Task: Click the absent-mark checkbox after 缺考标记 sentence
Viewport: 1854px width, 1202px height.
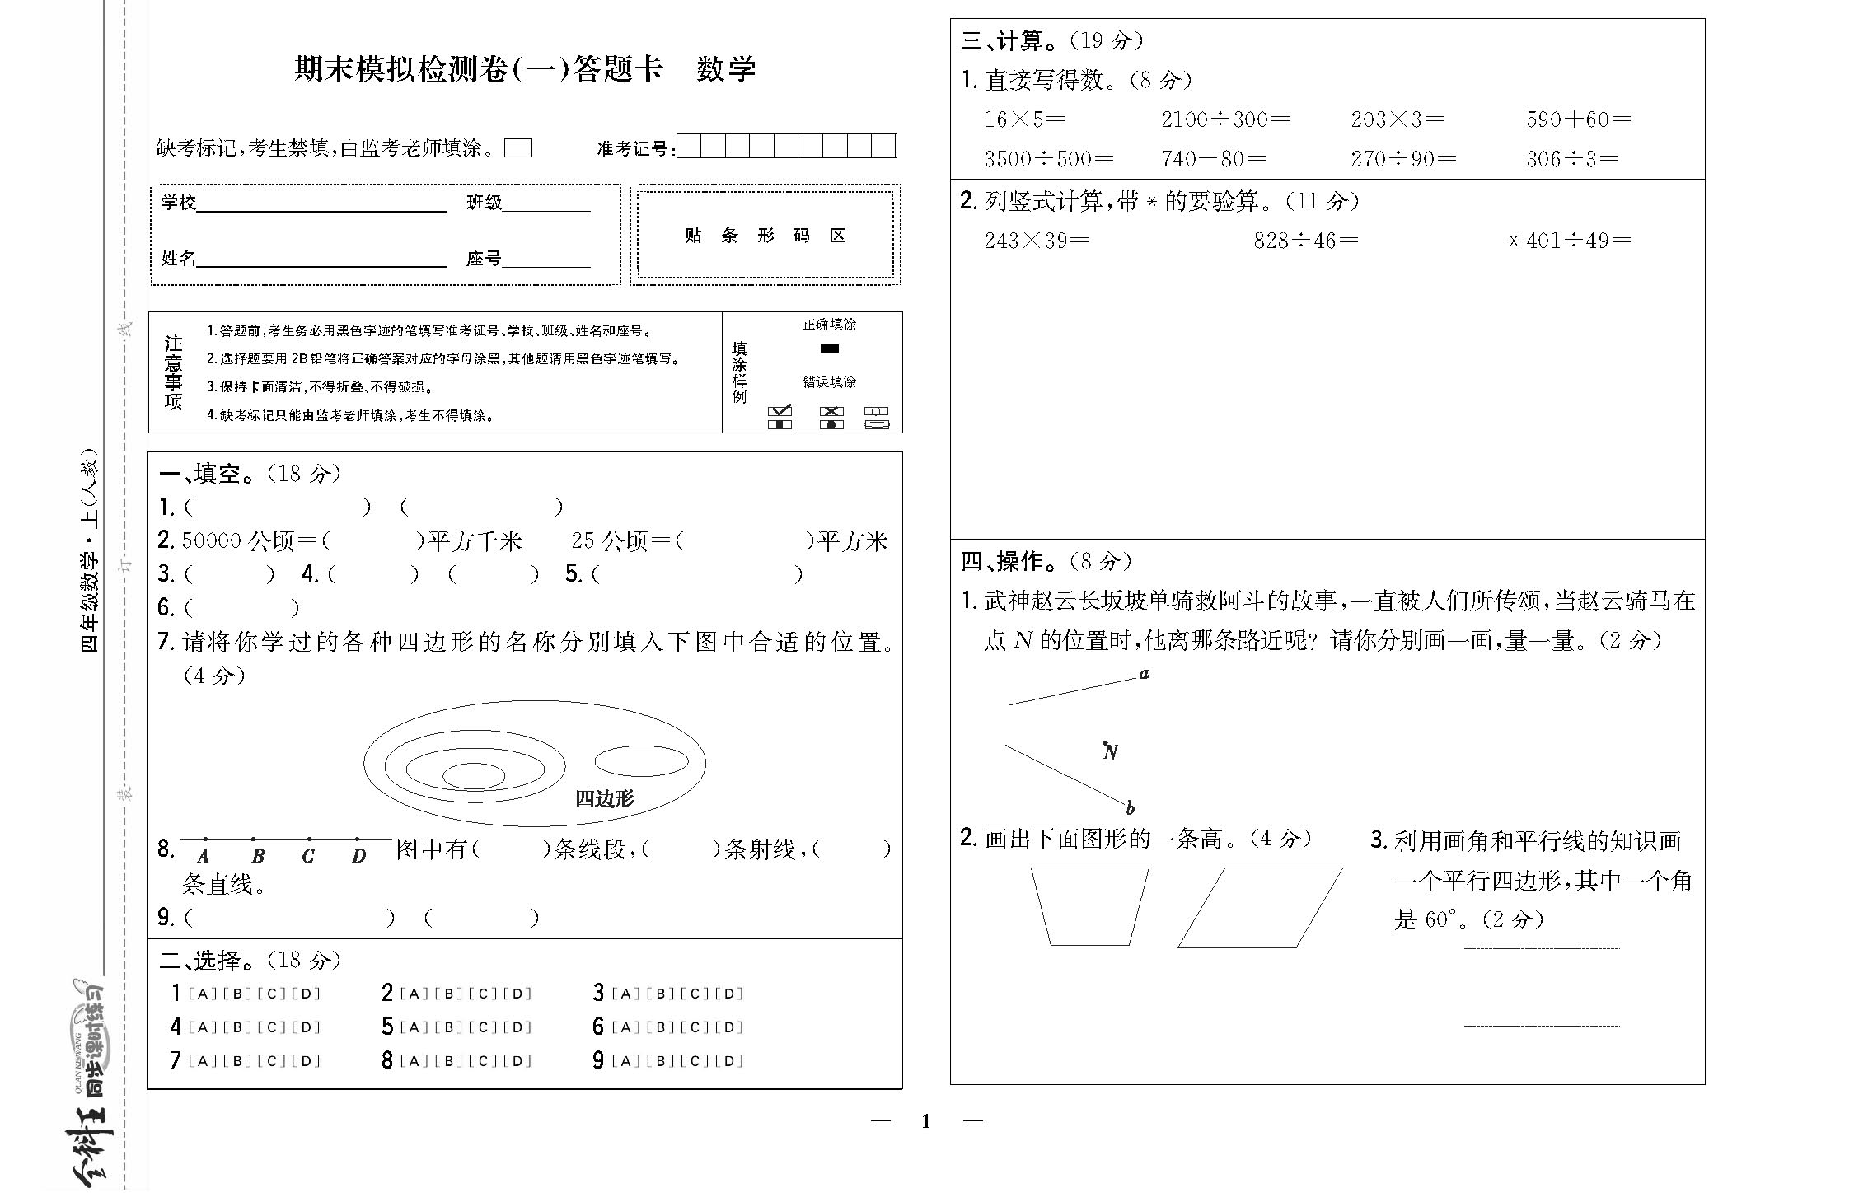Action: coord(518,148)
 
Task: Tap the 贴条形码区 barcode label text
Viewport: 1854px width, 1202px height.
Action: coord(765,236)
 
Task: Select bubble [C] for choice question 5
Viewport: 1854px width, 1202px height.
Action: coord(483,1027)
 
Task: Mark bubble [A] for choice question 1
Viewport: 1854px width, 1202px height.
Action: coord(202,994)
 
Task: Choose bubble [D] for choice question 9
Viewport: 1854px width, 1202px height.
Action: coord(730,1061)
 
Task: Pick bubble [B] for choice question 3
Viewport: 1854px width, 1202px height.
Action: coord(660,994)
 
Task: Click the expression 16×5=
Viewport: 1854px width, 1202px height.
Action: coord(1024,119)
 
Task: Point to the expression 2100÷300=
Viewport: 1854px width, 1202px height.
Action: coord(1224,119)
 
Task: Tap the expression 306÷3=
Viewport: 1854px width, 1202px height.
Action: coord(1571,159)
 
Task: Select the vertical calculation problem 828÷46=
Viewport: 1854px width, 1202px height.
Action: coord(1305,241)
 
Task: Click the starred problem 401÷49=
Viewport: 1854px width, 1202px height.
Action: coord(1570,241)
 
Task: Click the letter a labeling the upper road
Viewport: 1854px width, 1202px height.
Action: coord(1144,674)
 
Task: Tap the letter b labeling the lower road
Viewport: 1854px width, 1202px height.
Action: coord(1131,807)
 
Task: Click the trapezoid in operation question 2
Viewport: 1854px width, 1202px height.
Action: coord(1089,905)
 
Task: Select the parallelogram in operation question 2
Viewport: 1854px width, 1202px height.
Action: coord(1259,907)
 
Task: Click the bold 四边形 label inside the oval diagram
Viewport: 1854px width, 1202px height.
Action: coord(604,797)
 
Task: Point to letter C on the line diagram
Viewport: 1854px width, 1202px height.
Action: coord(307,856)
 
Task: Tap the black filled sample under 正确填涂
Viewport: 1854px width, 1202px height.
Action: coord(830,348)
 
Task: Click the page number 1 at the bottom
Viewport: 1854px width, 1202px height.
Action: coord(926,1121)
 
